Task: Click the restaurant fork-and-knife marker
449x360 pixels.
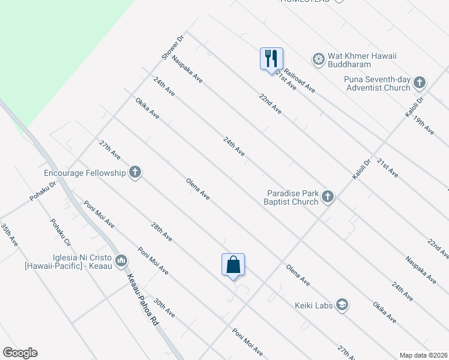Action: pos(271,59)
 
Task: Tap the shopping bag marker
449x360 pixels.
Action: pos(233,265)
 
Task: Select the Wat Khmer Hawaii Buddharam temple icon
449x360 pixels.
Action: pos(318,59)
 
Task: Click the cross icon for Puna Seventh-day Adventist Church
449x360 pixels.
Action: pos(419,83)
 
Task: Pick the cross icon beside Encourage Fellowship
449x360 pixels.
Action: pos(135,173)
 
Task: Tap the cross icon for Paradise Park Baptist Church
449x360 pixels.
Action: pos(328,197)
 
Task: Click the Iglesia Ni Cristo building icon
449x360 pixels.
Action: pos(121,260)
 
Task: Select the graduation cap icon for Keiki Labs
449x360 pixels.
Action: pos(342,305)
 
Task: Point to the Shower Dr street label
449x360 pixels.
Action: pos(172,47)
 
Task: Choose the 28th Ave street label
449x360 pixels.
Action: pos(161,232)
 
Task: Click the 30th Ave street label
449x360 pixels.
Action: pos(164,307)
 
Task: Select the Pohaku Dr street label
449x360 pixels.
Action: pos(43,191)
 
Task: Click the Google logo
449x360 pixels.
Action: pos(20,353)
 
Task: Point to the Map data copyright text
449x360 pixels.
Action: pos(423,355)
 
